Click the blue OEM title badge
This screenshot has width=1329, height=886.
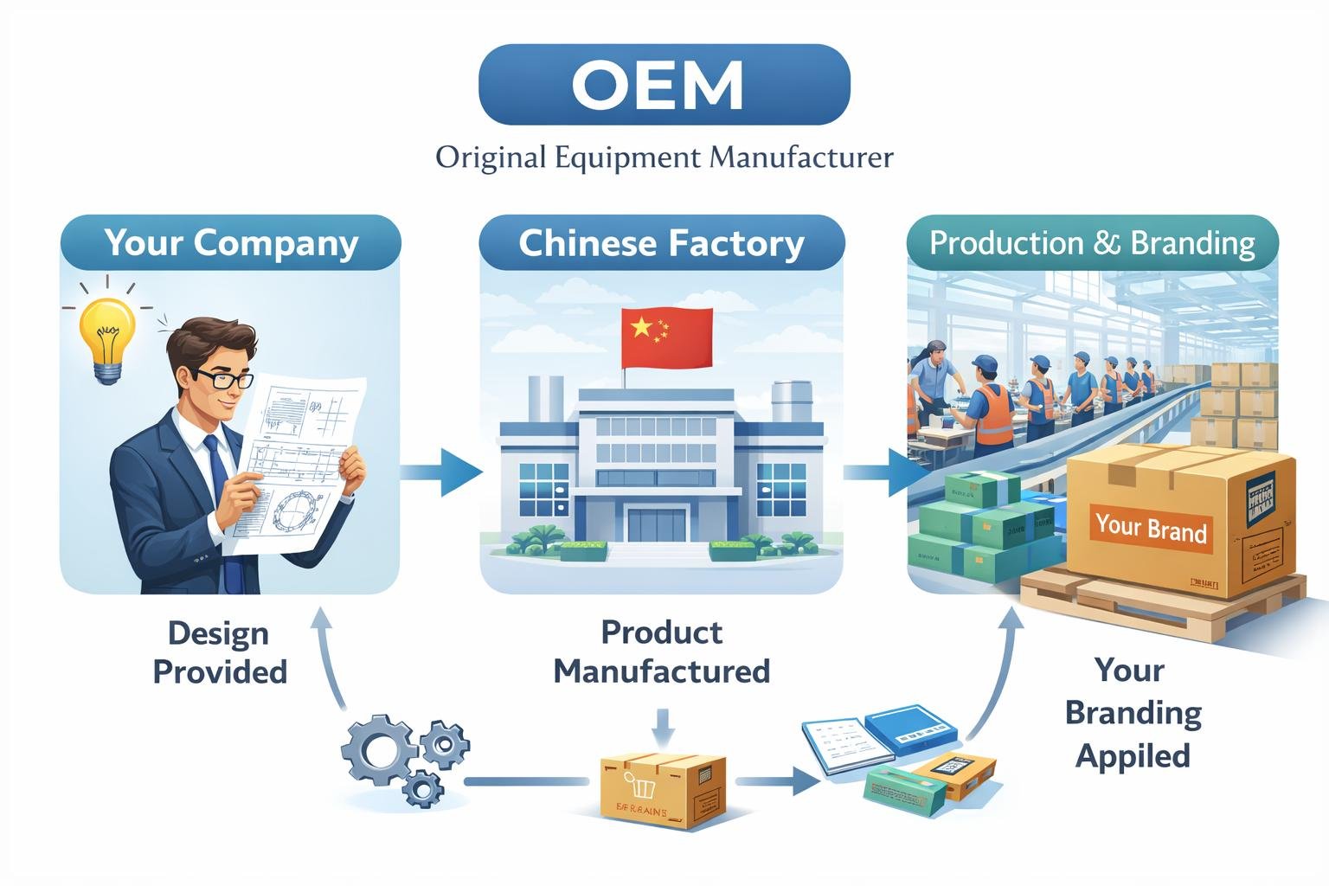tap(664, 85)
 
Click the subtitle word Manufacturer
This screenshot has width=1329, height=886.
tap(800, 158)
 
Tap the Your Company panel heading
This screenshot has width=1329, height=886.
tap(231, 243)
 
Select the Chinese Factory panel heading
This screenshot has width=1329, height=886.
tap(661, 243)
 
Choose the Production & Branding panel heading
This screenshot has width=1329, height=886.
tap(1092, 243)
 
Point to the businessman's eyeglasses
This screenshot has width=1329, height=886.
tap(223, 378)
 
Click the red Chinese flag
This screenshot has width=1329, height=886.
tap(666, 337)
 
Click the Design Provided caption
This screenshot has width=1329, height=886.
tap(220, 652)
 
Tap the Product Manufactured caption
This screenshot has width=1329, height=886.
tap(662, 652)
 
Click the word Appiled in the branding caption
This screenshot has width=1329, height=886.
tap(1133, 755)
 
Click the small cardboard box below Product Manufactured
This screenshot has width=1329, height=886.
tap(663, 790)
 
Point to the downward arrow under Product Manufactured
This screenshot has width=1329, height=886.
tap(662, 727)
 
